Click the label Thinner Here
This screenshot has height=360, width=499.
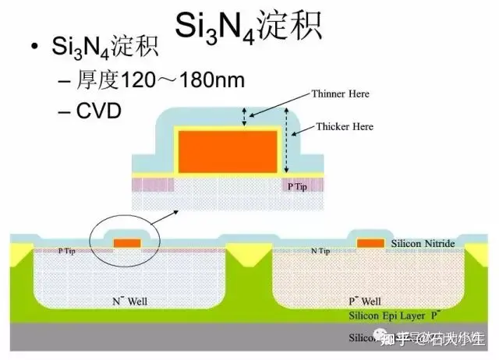click(x=340, y=94)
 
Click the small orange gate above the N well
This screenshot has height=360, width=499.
click(x=127, y=243)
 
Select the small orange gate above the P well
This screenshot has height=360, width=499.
click(x=370, y=243)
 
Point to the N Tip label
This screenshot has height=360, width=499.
click(x=320, y=251)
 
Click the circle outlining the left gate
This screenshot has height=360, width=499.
click(x=92, y=234)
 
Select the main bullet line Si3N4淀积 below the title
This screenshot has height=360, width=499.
click(x=104, y=48)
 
